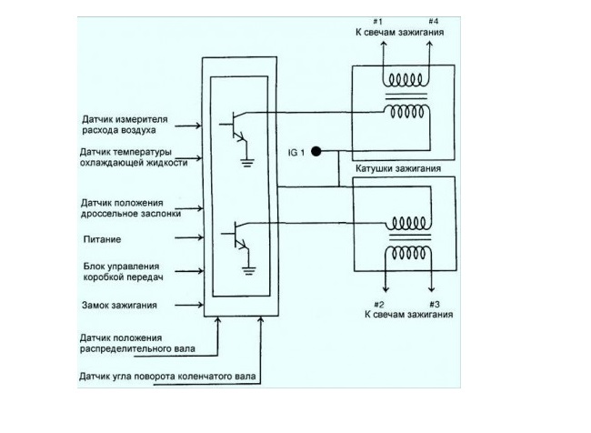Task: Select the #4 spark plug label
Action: pos(434,22)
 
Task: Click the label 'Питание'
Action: pos(98,239)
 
